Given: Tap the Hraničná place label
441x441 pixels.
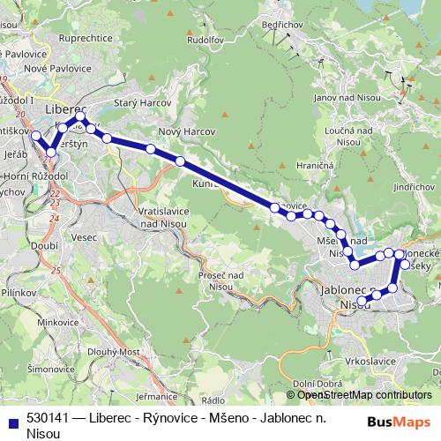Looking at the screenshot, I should coord(315,165).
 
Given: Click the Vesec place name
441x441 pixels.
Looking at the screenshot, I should coord(86,237).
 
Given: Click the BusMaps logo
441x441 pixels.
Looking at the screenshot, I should coord(398,422).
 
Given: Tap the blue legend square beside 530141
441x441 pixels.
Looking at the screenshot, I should coord(12,422).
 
